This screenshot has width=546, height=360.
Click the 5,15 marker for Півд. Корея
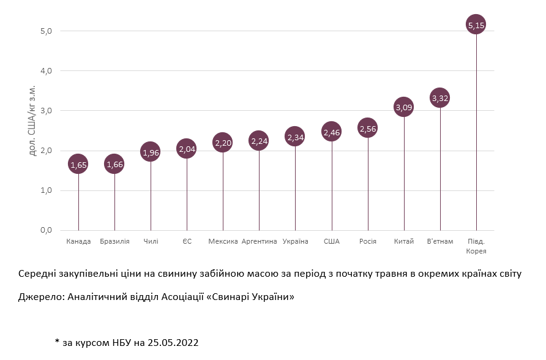click(476, 25)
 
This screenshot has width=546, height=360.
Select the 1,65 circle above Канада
click(78, 165)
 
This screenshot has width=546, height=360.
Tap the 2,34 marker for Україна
click(296, 137)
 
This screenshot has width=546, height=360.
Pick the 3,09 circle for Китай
click(404, 108)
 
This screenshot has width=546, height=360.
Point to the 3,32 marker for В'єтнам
click(440, 98)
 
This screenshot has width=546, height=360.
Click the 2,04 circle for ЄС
click(187, 149)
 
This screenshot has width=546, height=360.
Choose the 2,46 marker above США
click(332, 132)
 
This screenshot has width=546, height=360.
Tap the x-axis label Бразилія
click(114, 241)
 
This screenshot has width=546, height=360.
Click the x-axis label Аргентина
click(260, 241)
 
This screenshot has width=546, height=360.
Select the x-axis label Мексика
click(223, 241)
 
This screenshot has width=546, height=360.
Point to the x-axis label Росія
click(368, 241)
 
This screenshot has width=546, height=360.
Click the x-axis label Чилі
click(151, 241)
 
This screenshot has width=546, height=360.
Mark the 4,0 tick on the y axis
click(46, 71)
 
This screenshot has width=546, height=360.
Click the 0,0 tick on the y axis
click(46, 230)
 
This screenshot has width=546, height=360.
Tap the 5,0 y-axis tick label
click(46, 31)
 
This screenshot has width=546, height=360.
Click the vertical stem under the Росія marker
click(368, 184)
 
